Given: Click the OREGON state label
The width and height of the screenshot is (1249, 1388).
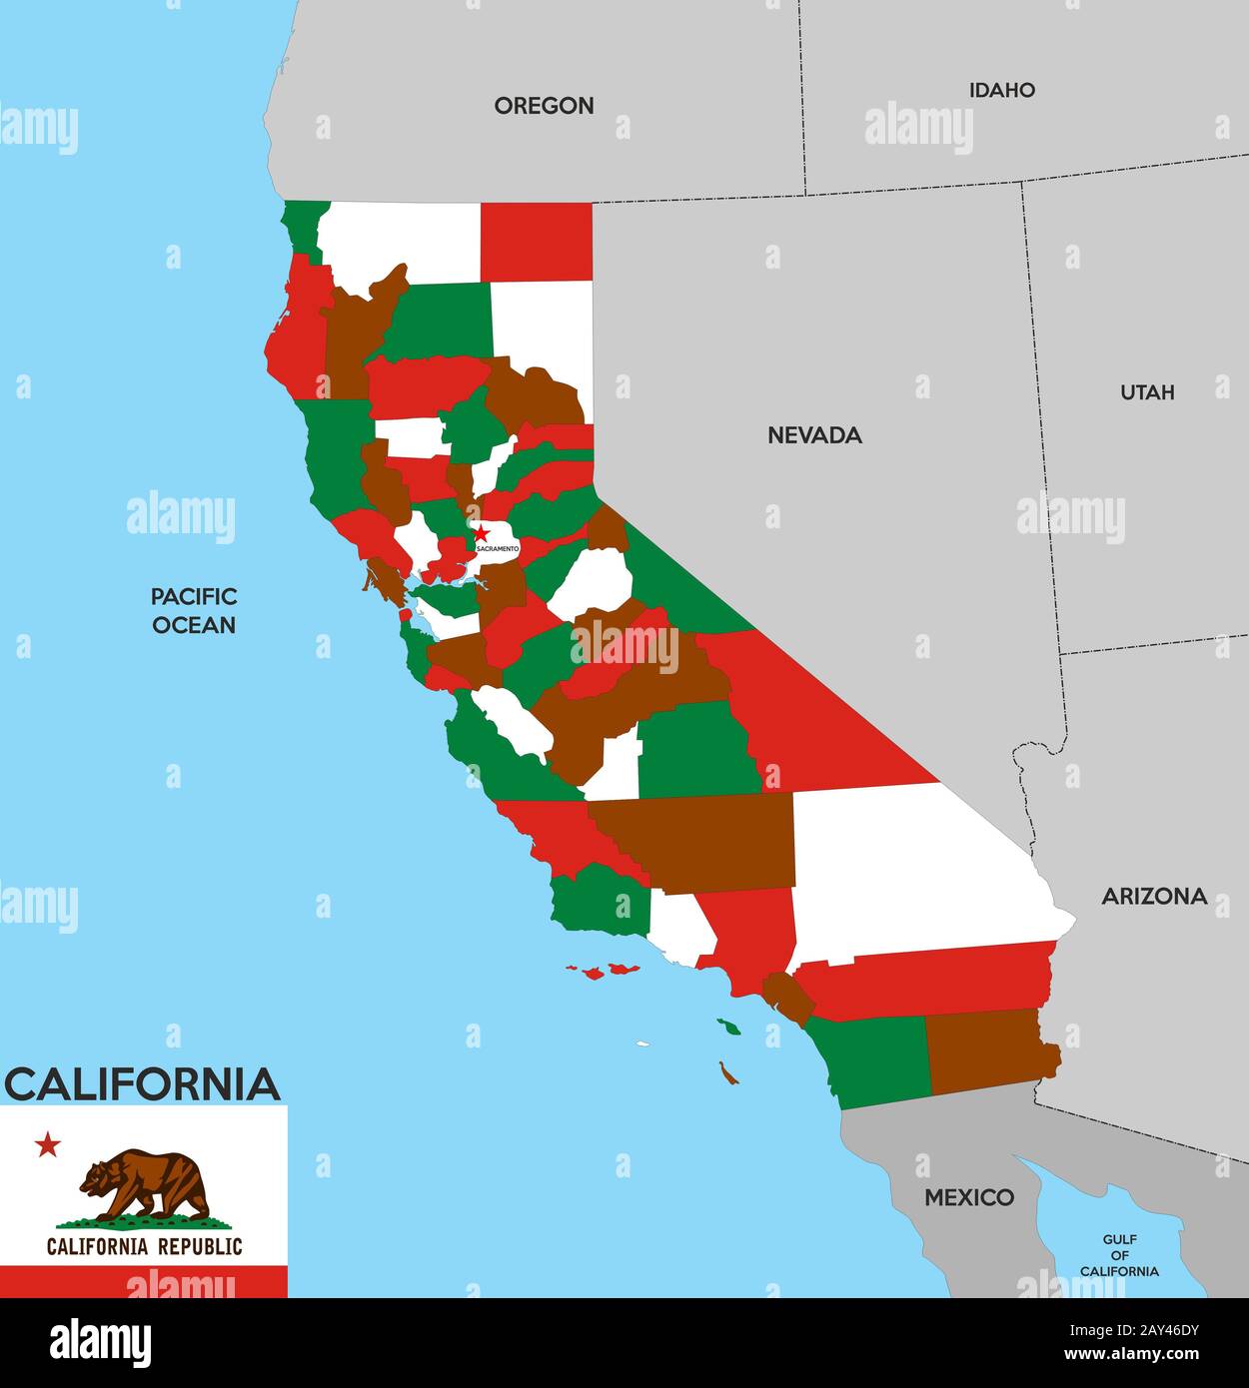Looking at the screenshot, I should click(x=544, y=105).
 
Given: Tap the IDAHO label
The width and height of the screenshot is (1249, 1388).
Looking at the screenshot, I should click(x=1001, y=90).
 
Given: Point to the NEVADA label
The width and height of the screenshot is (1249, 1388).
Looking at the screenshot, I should click(x=814, y=434).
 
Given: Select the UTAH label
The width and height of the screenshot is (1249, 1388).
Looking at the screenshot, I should click(x=1146, y=392).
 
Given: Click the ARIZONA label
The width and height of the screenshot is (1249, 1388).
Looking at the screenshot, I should click(x=1154, y=896).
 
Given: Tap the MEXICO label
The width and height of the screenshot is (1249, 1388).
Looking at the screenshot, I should click(x=968, y=1196).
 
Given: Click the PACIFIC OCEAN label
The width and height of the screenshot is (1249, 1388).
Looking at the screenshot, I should click(x=194, y=610).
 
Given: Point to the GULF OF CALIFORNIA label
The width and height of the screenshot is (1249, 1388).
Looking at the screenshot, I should click(x=1119, y=1255).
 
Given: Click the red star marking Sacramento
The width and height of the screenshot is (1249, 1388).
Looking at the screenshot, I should click(x=481, y=533).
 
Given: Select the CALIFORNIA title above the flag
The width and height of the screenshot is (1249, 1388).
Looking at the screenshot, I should click(x=143, y=1084).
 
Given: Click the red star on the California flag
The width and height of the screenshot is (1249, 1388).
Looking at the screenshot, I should click(x=48, y=1144).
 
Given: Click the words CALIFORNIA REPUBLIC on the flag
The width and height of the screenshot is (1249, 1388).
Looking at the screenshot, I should click(x=144, y=1246).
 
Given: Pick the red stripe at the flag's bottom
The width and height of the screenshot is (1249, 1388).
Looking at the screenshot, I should click(x=144, y=1281).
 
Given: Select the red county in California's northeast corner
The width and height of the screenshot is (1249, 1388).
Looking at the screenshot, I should click(x=537, y=241).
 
